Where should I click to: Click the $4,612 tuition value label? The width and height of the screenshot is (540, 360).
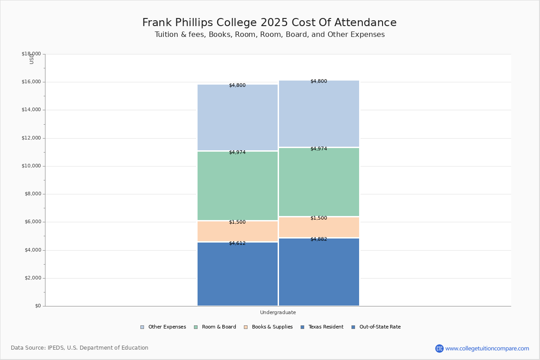[237, 243]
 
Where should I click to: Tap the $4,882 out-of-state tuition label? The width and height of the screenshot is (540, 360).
[319, 239]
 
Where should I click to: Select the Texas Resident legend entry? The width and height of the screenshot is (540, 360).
[322, 327]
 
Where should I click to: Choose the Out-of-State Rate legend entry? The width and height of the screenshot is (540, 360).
[376, 327]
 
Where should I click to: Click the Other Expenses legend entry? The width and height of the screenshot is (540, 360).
[163, 327]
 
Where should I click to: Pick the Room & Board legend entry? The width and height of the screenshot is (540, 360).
[215, 327]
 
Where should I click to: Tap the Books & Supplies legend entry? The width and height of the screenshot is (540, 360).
[268, 327]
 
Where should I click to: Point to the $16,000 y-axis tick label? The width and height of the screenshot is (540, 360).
[31, 82]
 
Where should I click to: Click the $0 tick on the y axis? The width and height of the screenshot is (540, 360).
[38, 306]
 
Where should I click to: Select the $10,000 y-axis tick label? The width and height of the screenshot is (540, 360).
[31, 166]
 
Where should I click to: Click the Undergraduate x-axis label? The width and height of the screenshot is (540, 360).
[278, 312]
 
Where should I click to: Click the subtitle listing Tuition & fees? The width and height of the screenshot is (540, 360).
[270, 35]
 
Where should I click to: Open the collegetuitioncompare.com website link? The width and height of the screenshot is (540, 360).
[487, 348]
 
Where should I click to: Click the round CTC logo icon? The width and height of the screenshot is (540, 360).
[439, 348]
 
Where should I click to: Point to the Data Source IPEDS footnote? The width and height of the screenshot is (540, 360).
[80, 348]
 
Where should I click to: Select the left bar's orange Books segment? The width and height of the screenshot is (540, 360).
[238, 231]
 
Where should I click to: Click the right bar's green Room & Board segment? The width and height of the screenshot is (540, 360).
[319, 182]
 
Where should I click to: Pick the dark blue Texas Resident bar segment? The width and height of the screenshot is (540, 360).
[238, 274]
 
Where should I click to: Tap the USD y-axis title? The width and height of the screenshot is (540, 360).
[31, 59]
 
